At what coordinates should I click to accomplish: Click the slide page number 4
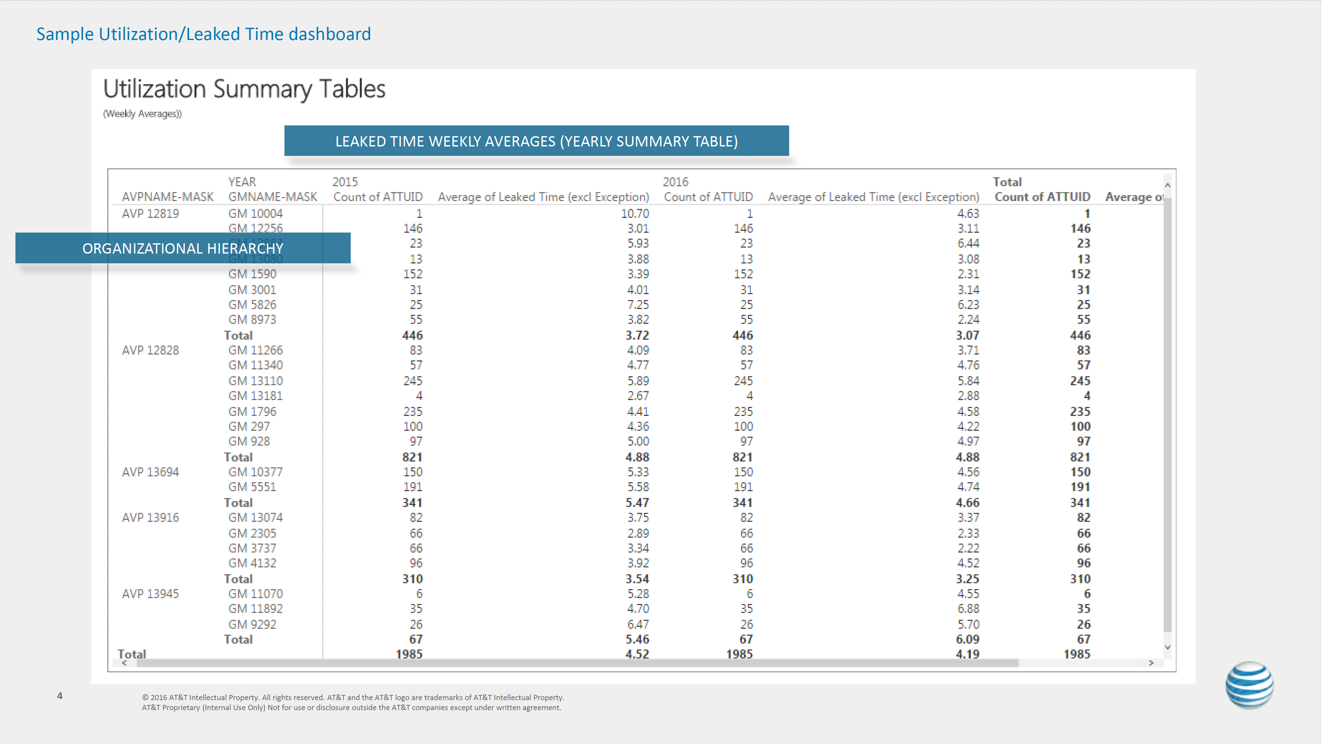click(60, 696)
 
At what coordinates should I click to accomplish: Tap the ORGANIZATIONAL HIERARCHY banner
click(183, 248)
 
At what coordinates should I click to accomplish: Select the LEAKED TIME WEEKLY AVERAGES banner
click(536, 141)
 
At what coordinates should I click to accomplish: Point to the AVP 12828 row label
click(150, 350)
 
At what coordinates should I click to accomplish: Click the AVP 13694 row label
click(150, 472)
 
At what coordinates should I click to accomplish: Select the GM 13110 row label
click(255, 381)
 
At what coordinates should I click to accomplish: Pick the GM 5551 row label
click(252, 487)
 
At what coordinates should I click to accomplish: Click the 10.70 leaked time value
click(635, 214)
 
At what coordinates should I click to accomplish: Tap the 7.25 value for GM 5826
click(638, 305)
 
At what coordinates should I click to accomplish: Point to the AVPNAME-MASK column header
click(167, 197)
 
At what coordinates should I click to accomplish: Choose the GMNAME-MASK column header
click(273, 197)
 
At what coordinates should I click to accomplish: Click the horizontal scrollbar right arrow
click(1151, 663)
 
